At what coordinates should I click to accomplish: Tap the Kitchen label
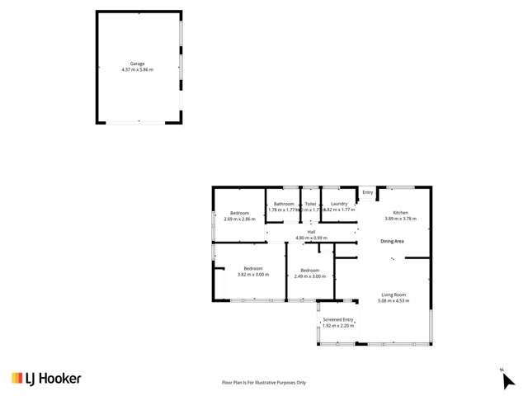click(x=400, y=213)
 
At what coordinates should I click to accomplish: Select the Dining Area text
click(x=392, y=241)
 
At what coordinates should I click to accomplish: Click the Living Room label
click(x=394, y=295)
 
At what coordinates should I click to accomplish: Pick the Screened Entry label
click(x=338, y=320)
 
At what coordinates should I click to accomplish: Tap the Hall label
click(x=312, y=232)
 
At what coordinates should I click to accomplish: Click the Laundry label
click(x=338, y=204)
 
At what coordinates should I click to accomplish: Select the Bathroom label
click(x=284, y=204)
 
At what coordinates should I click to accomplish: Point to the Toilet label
click(x=310, y=204)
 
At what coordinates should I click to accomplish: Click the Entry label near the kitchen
click(x=368, y=192)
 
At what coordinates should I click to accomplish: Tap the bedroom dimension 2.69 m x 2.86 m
click(x=239, y=219)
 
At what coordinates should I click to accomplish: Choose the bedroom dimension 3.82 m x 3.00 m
click(x=253, y=275)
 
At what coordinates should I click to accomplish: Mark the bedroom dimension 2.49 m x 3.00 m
click(x=310, y=276)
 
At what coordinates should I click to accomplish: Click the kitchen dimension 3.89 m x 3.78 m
click(x=400, y=219)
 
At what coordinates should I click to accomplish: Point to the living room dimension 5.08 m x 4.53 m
click(x=394, y=300)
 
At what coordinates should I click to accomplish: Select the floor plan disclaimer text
click(x=263, y=383)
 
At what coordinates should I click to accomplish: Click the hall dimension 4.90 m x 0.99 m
click(x=312, y=238)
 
